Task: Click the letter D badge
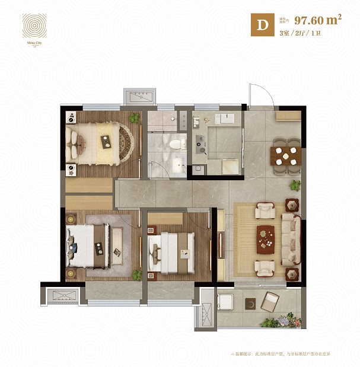coord(260,25)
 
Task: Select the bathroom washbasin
coord(177,163)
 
